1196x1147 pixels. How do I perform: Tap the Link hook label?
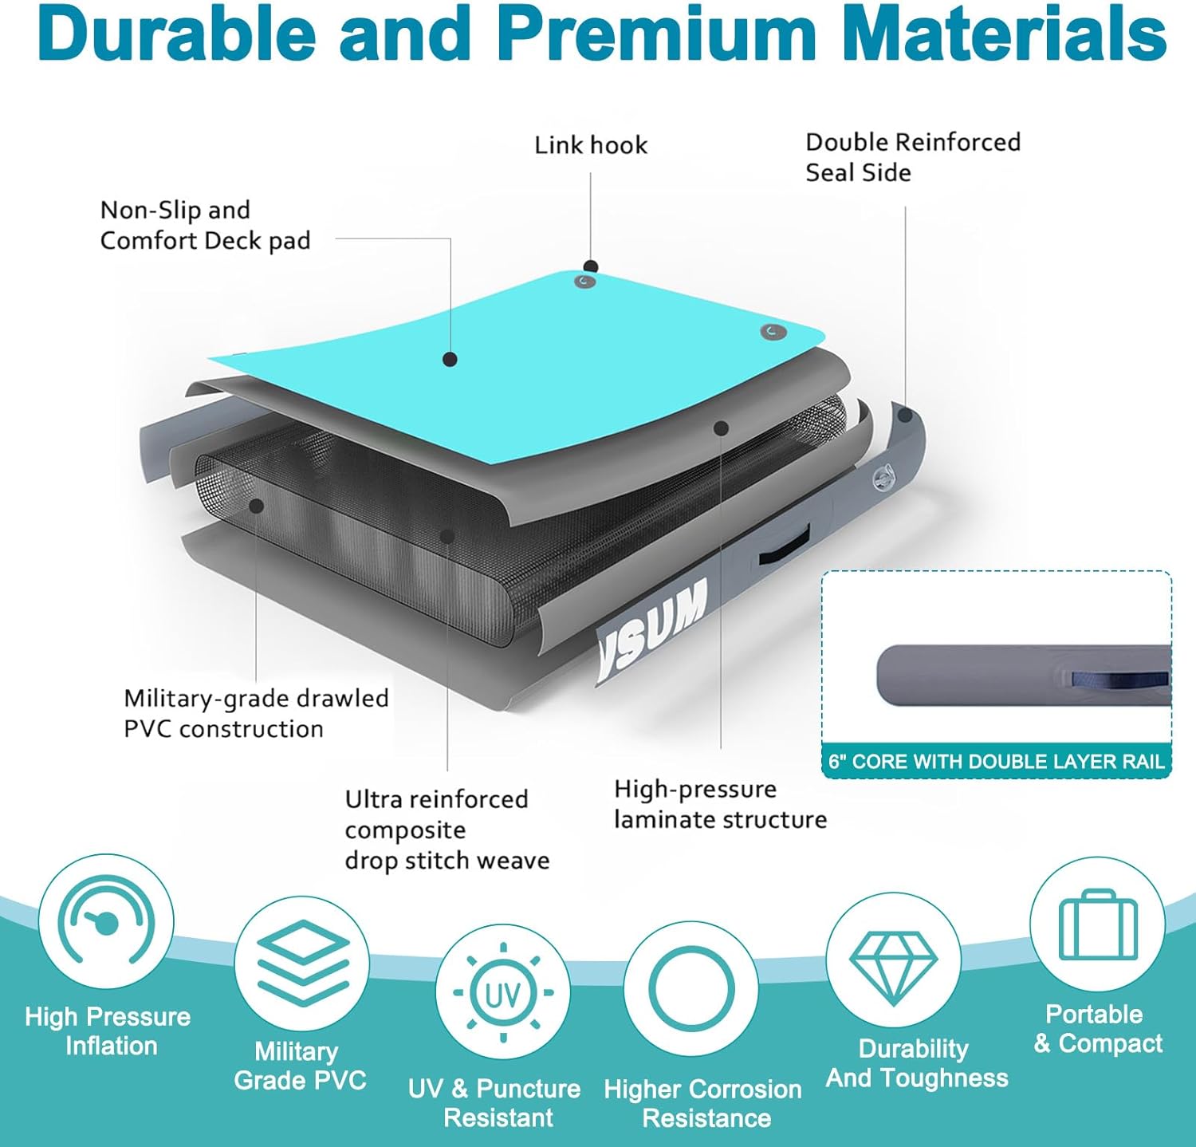tap(591, 145)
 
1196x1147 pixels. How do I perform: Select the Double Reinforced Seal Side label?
tap(913, 157)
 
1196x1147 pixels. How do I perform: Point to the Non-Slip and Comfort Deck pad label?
tap(205, 225)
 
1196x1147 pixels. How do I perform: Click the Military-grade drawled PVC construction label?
tap(256, 713)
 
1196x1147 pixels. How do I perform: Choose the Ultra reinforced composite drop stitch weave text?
tap(447, 830)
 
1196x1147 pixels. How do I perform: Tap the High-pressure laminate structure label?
tap(720, 804)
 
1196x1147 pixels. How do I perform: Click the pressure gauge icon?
tap(106, 921)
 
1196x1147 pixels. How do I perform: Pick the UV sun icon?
tap(502, 993)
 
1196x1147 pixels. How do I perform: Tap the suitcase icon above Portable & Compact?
tap(1098, 925)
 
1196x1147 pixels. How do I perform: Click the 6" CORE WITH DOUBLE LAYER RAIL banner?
tap(997, 761)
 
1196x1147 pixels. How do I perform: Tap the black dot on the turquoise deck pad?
tap(450, 360)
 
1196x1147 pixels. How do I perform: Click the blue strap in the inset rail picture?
tap(1119, 680)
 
